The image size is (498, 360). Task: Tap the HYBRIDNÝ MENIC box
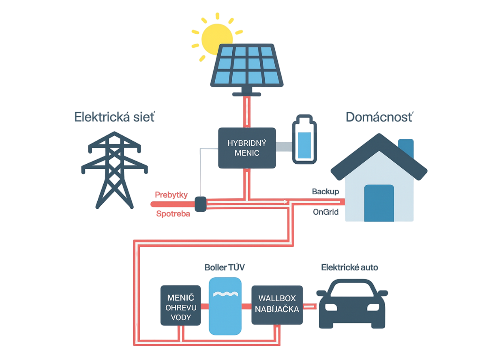pos(246,148)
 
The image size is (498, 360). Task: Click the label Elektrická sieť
pos(114,117)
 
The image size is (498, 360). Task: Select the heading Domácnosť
pos(379,117)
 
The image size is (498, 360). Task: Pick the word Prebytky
pos(171,195)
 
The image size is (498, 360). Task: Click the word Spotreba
pos(173,213)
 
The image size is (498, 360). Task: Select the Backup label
pos(325,191)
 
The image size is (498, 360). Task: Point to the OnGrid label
pos(326,211)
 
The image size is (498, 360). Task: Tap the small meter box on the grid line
pos(200,203)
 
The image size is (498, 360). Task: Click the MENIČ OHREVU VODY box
pos(180,305)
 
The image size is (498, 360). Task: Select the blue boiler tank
pos(225,305)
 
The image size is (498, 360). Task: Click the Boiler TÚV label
pos(224,268)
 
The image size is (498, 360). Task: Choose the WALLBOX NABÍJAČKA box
pos(277,305)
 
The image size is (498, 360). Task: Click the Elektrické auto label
pos(350,267)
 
